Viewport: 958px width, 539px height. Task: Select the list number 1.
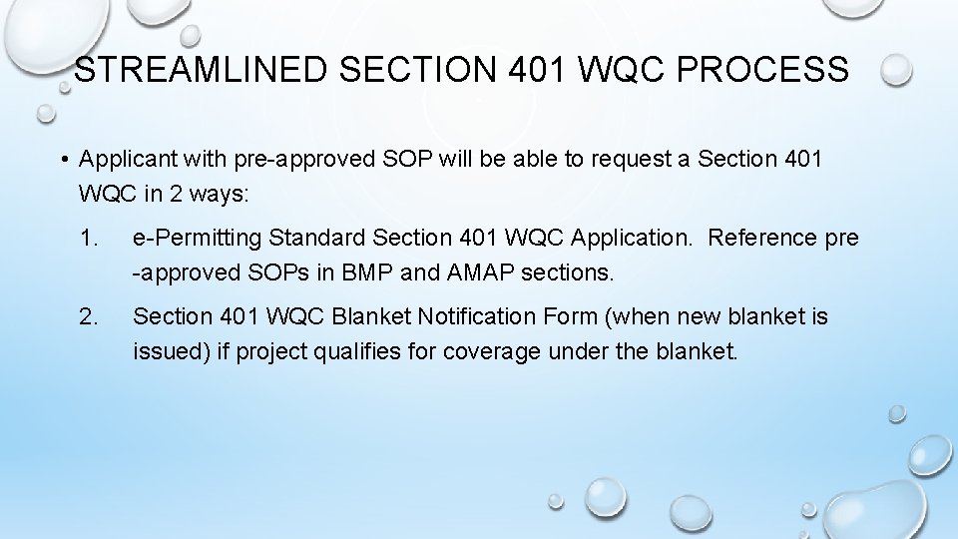(90, 239)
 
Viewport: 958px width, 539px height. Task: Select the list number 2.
(90, 317)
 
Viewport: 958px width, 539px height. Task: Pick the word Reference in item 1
(759, 239)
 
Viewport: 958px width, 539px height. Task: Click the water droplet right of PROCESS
(896, 69)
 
